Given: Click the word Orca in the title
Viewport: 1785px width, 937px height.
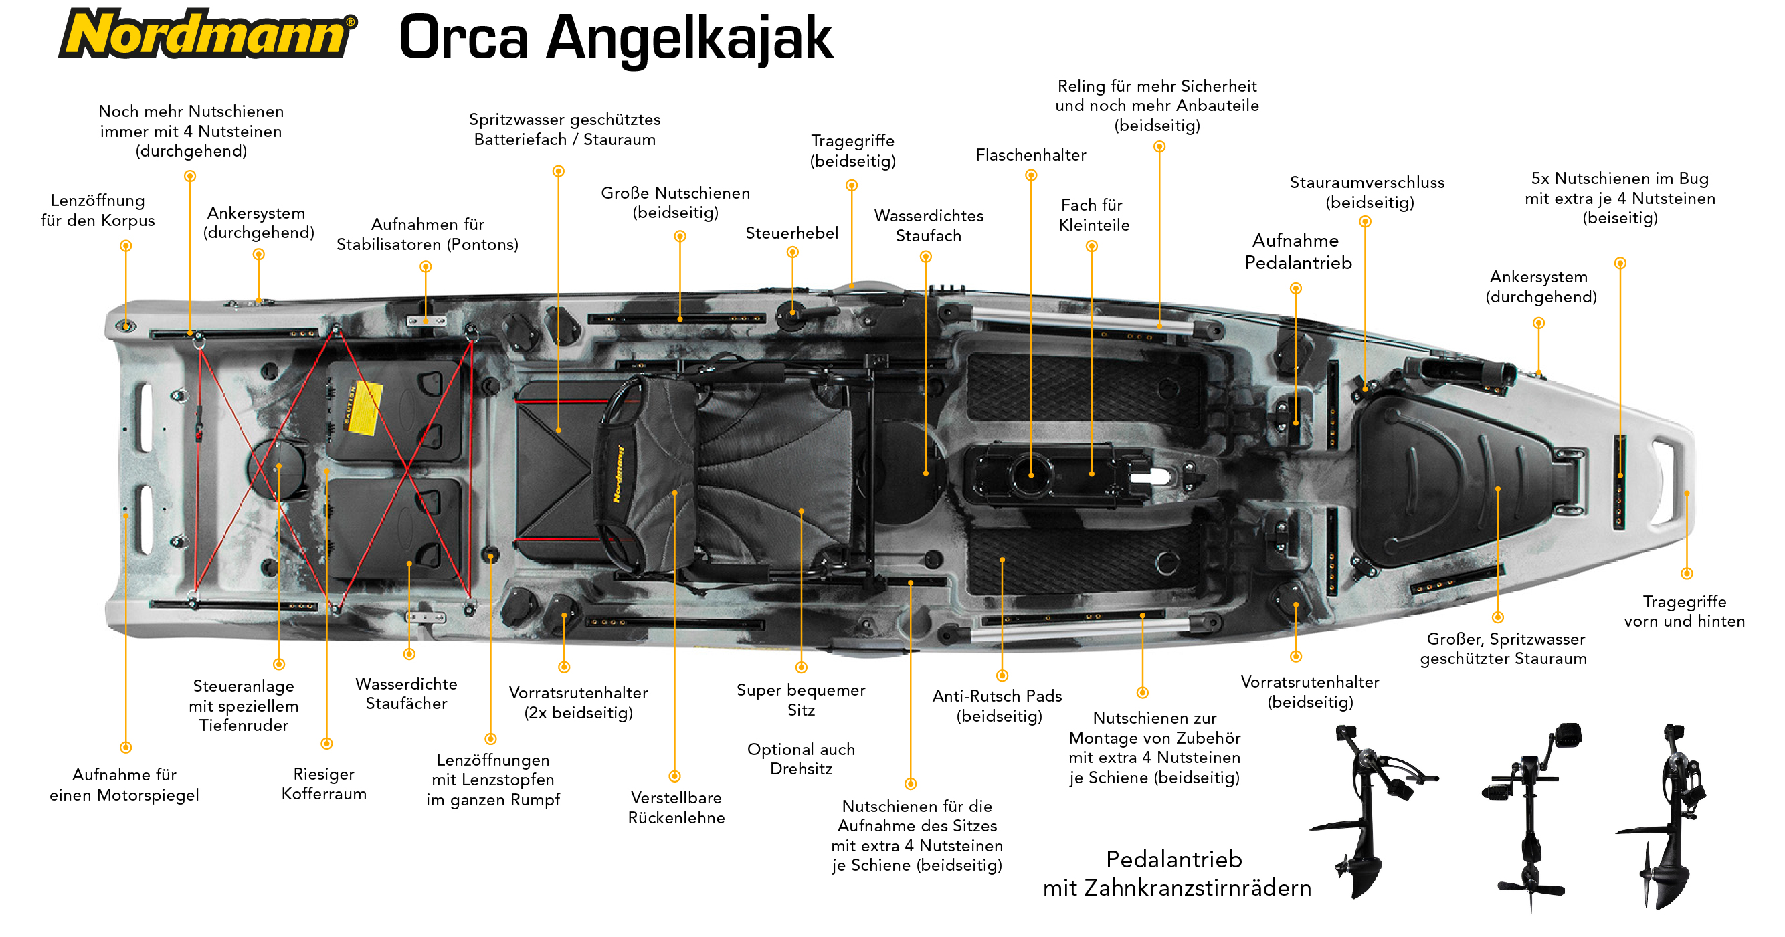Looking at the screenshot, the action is (x=464, y=37).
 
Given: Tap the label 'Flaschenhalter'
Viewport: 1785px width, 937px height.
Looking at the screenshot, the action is (x=1030, y=155).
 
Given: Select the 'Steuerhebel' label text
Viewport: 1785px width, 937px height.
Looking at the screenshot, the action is (x=791, y=233).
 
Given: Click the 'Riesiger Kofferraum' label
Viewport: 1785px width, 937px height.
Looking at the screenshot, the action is (x=324, y=783).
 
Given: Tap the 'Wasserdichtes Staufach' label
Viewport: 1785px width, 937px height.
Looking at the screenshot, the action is (x=929, y=226).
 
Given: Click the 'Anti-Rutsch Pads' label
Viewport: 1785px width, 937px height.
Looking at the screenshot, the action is (x=997, y=706).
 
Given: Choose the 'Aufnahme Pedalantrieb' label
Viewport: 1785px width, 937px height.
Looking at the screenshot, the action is (x=1298, y=251).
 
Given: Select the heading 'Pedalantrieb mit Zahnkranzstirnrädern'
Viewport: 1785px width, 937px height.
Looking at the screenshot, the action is (x=1177, y=873).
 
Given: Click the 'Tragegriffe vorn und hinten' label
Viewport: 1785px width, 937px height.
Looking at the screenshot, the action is (x=1685, y=611).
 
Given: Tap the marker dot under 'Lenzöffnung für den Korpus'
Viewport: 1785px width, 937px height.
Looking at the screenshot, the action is (x=125, y=246).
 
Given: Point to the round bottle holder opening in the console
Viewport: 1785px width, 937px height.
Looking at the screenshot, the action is (x=1031, y=475).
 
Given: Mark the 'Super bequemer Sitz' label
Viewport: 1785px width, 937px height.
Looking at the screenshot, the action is (x=801, y=700).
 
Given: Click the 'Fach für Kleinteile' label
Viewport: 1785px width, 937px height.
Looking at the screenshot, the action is (x=1093, y=215).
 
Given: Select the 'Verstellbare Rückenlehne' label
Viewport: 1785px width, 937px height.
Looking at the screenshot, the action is (x=676, y=807).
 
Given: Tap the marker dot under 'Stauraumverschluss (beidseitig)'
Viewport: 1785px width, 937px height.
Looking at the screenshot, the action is (x=1365, y=221).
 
